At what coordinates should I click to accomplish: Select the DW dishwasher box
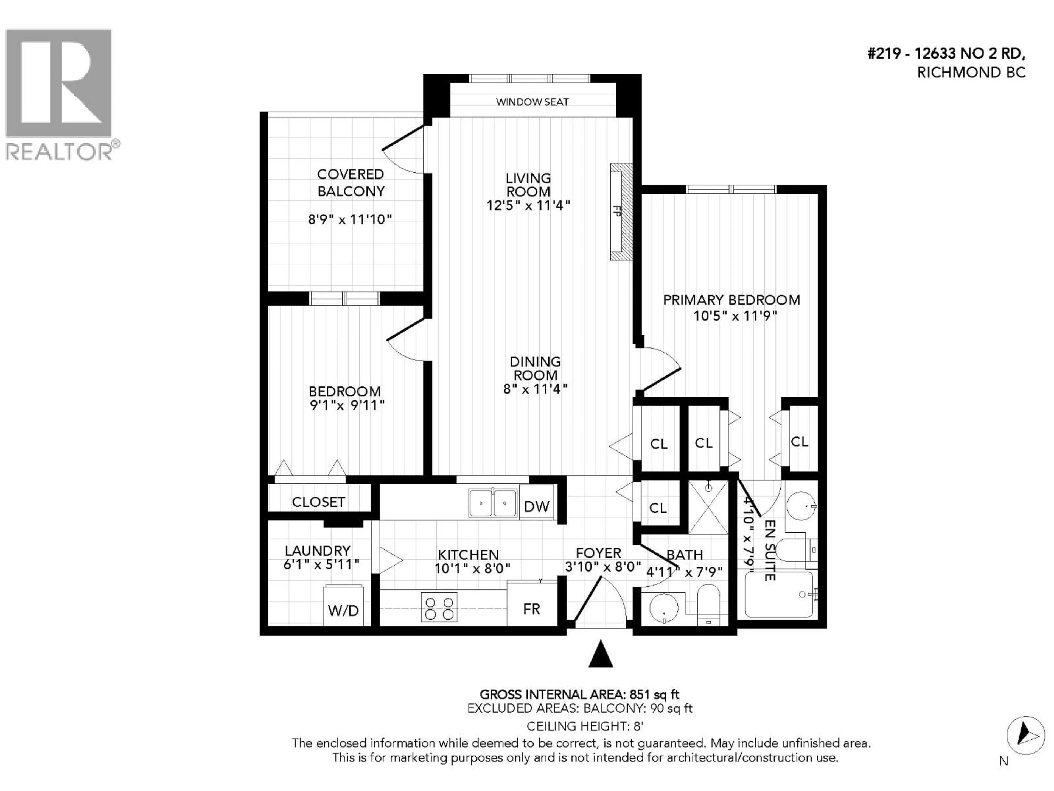click(537, 506)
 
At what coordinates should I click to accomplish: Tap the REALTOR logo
click(59, 94)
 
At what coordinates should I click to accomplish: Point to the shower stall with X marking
click(708, 507)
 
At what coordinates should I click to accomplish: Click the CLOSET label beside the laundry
click(318, 502)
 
